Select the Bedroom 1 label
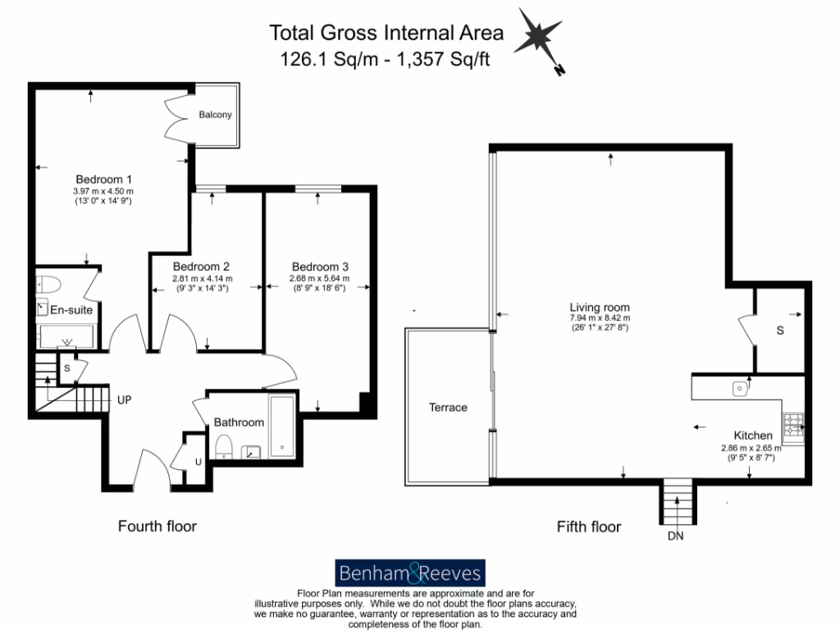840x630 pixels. [x=104, y=180]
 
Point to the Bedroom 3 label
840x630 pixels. [x=320, y=267]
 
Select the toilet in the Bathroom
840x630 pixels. [x=223, y=446]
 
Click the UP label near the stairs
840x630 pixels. [x=125, y=399]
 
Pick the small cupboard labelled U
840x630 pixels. [x=197, y=462]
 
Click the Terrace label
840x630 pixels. [x=449, y=408]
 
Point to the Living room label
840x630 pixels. [x=600, y=308]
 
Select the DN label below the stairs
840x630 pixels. [x=676, y=536]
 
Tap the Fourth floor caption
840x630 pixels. [x=157, y=526]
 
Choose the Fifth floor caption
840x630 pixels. [x=588, y=527]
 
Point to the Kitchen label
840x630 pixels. [x=752, y=435]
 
